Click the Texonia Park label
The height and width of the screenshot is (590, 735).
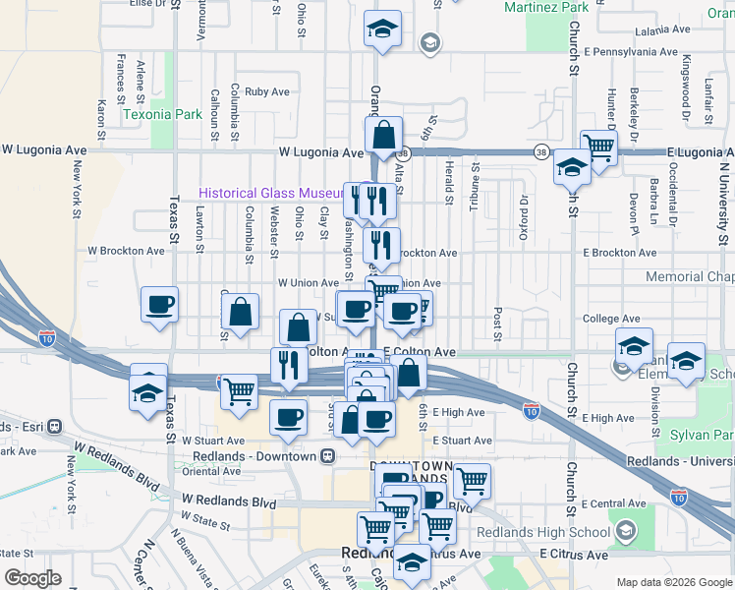[x=162, y=114]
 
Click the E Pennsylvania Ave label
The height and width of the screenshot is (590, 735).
[x=630, y=49]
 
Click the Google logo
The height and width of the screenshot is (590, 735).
[x=32, y=578]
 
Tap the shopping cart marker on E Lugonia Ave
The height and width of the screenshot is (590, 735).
[x=597, y=148]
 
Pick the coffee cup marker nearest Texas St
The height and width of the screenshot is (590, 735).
[x=159, y=304]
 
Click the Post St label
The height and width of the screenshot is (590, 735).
[x=499, y=317]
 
